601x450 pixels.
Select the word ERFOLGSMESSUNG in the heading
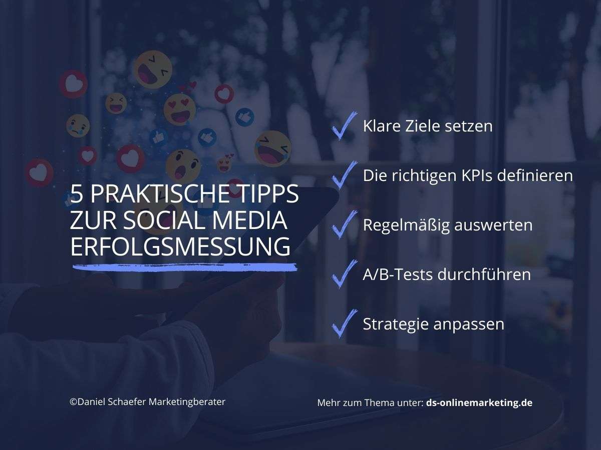180,247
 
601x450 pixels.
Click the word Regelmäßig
406,225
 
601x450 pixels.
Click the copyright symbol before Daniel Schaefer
73,401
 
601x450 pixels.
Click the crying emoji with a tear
78,125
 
